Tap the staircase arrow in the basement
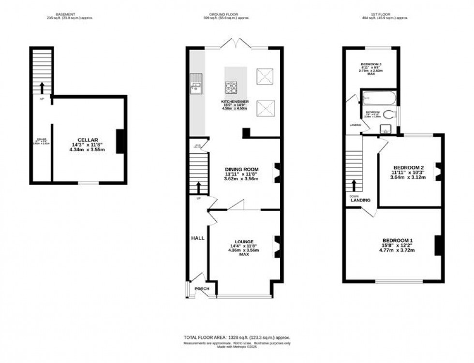pyautogui.click(x=41, y=87)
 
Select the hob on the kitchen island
pyautogui.click(x=231, y=87)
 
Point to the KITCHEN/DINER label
pyautogui.click(x=234, y=102)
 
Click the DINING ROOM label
pyautogui.click(x=241, y=169)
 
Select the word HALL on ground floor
pyautogui.click(x=197, y=238)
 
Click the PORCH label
pyautogui.click(x=202, y=289)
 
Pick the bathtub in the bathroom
pyautogui.click(x=378, y=98)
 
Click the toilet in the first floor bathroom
pyautogui.click(x=391, y=115)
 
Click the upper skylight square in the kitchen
pyautogui.click(x=265, y=76)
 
